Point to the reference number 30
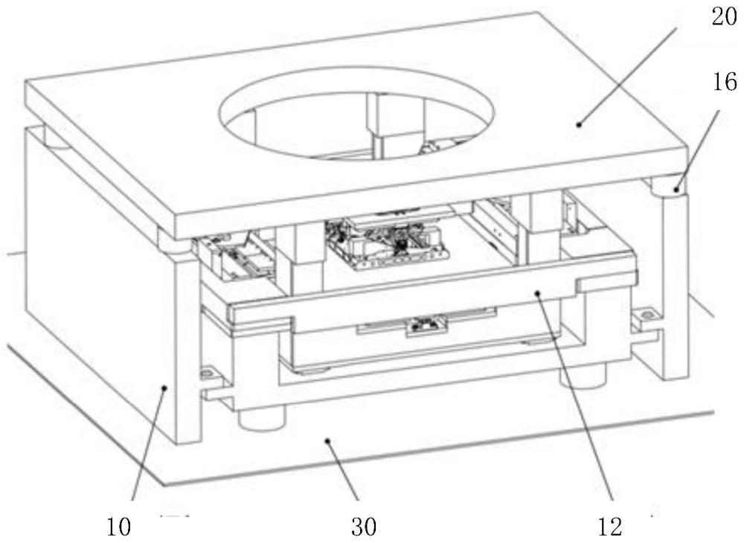364,527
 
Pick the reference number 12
609,527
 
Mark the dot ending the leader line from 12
537,295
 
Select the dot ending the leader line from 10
165,385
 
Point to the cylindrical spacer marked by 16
667,186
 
